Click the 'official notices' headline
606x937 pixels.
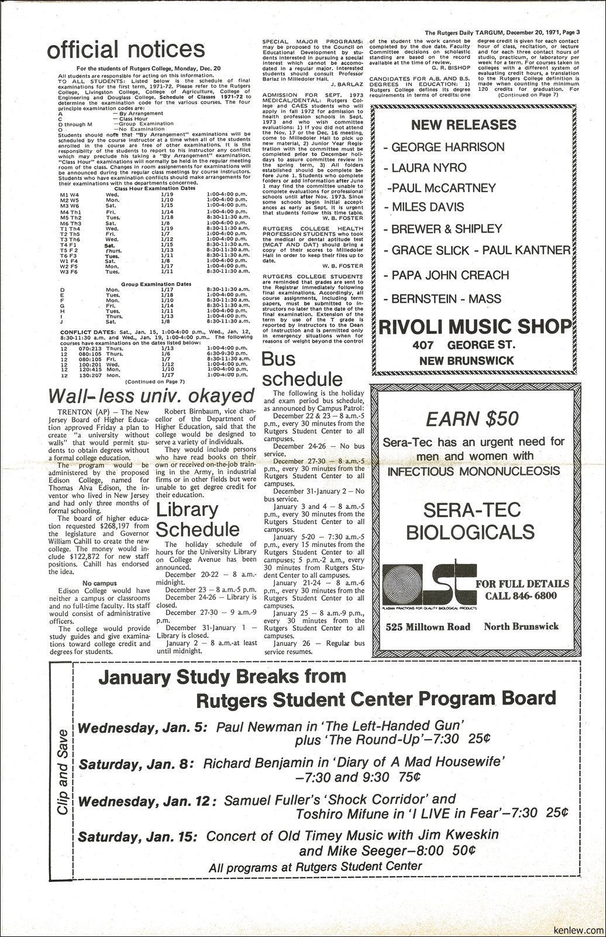(126, 49)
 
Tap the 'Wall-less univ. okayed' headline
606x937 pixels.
(151, 395)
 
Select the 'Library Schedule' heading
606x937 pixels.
(198, 519)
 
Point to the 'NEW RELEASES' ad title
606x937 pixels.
(464, 125)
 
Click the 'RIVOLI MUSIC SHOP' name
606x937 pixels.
(474, 327)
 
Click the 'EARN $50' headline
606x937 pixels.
(472, 419)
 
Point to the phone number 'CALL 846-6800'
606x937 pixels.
(521, 596)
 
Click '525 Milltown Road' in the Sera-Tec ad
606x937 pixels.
(428, 627)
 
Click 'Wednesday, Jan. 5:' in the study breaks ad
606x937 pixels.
(143, 728)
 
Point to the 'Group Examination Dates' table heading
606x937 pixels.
(156, 284)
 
